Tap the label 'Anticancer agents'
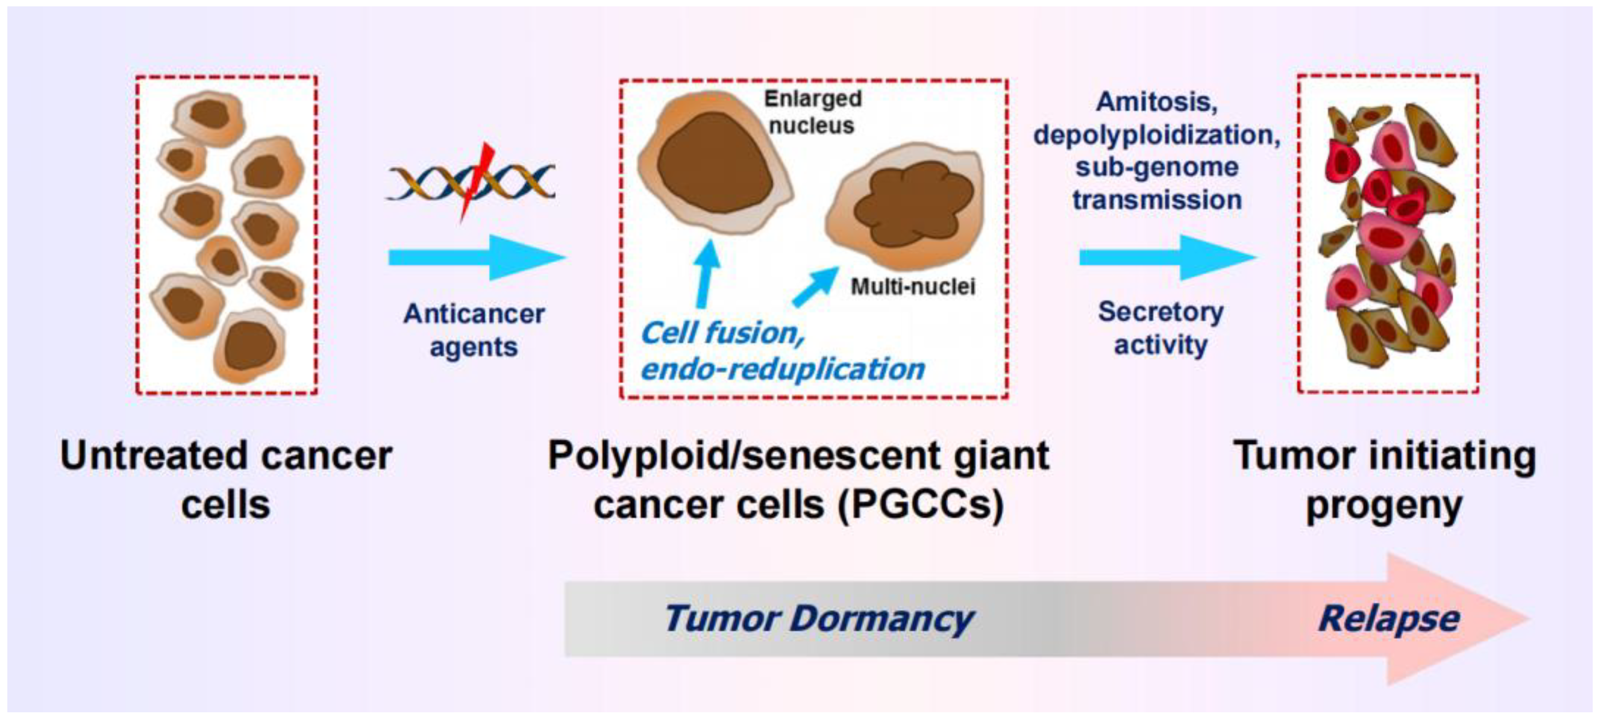pos(474,330)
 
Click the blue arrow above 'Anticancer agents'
pos(476,257)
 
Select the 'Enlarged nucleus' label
pos(812,112)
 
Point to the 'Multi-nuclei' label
pos(912,286)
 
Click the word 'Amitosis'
pos(1156,102)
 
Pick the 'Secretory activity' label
pos(1160,328)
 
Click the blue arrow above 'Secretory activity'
pos(1166,257)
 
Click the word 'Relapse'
pos(1389,619)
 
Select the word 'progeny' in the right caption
pos(1384,506)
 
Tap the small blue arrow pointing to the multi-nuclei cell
pos(815,286)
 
